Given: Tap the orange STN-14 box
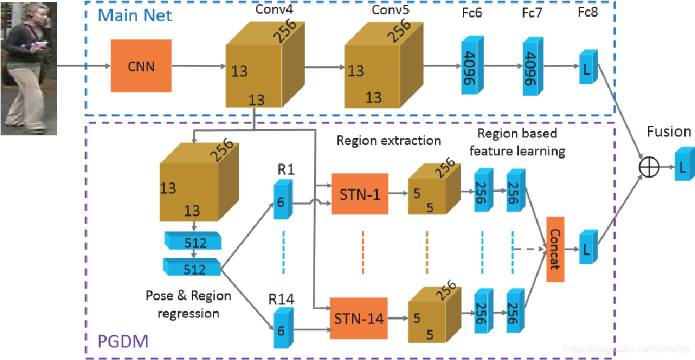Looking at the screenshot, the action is pos(359,318).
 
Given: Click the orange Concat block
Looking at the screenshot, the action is pos(555,250).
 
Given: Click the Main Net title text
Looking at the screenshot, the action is pos(135,16).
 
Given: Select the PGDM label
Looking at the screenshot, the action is pos(123,342).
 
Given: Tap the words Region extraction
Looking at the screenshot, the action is pos(388,140).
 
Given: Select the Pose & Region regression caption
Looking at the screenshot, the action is pos(189,304).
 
